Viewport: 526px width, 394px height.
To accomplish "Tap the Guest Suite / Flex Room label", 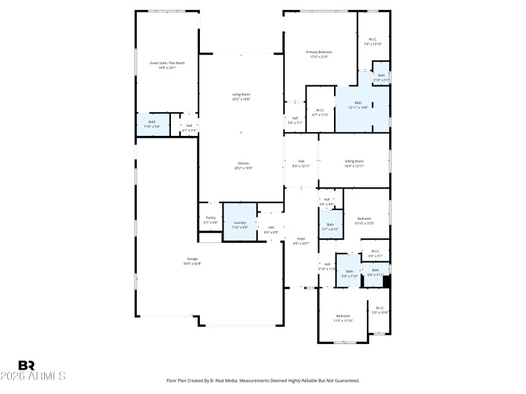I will [x=167, y=63].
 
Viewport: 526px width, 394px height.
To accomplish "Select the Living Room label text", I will [x=241, y=95].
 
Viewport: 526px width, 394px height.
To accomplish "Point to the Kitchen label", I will [x=243, y=164].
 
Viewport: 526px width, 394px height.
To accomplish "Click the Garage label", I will [x=191, y=259].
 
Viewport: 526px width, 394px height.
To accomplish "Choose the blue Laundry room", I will [x=240, y=223].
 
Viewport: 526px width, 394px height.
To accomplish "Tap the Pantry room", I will [x=210, y=220].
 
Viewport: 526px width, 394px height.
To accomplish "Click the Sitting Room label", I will [x=354, y=161].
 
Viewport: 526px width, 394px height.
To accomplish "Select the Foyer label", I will [x=301, y=239].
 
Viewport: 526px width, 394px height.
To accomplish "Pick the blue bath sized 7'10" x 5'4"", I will [x=152, y=124].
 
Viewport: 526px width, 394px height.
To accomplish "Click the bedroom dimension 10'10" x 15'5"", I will [x=364, y=223].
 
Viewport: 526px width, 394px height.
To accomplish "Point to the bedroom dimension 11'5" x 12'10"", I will [x=343, y=320].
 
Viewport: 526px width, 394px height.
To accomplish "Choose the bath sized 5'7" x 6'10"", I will [x=330, y=227].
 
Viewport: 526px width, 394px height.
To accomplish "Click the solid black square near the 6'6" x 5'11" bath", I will [x=387, y=281].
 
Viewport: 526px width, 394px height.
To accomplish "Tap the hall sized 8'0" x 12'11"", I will [x=301, y=164].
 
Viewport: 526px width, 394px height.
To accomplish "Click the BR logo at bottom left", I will [x=26, y=365].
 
